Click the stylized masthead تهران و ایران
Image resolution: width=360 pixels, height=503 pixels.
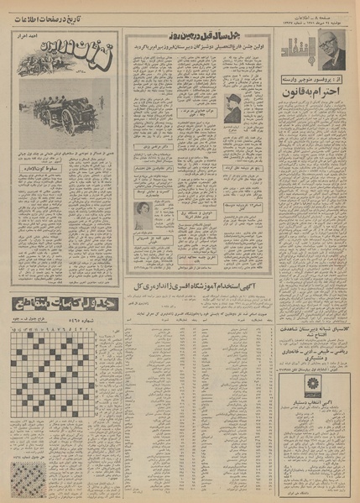click(x=58, y=60)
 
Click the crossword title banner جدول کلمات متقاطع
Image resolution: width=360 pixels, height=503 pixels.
click(x=59, y=303)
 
